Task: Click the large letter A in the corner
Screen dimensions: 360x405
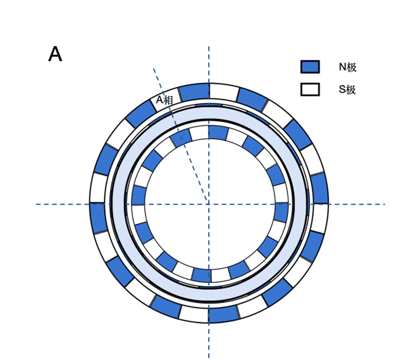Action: [x=55, y=54]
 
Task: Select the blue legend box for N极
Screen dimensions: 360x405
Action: [x=310, y=67]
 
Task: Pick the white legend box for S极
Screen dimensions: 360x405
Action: [x=310, y=90]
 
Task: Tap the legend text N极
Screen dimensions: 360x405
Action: [x=348, y=67]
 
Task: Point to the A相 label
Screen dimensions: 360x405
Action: [x=164, y=100]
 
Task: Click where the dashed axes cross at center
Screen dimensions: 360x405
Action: [x=209, y=204]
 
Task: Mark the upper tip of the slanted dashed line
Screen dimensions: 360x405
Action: [x=154, y=68]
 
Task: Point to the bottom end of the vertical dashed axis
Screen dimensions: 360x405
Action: [x=209, y=357]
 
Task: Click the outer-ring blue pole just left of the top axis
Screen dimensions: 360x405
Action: [x=194, y=92]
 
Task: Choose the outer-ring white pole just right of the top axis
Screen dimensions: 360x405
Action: [x=223, y=92]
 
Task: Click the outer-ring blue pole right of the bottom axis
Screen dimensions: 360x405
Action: [x=223, y=314]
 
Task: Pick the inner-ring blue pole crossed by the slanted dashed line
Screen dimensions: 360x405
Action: [x=181, y=138]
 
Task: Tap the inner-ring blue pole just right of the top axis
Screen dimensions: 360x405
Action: [x=218, y=133]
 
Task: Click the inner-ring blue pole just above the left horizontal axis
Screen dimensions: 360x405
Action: [x=139, y=195]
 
